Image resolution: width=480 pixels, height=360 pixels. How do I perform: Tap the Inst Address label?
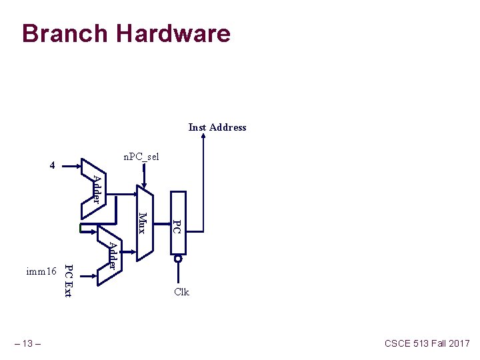click(217, 127)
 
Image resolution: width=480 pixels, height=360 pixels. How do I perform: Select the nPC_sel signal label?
click(141, 157)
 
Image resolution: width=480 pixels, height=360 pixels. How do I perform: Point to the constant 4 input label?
click(53, 165)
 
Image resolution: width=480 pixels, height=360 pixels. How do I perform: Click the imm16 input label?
click(41, 272)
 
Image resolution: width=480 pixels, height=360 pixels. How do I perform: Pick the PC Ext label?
click(68, 281)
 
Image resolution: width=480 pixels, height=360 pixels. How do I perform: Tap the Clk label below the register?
click(181, 292)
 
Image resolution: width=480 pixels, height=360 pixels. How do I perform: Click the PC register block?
click(178, 224)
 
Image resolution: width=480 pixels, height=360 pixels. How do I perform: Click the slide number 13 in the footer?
click(28, 343)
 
